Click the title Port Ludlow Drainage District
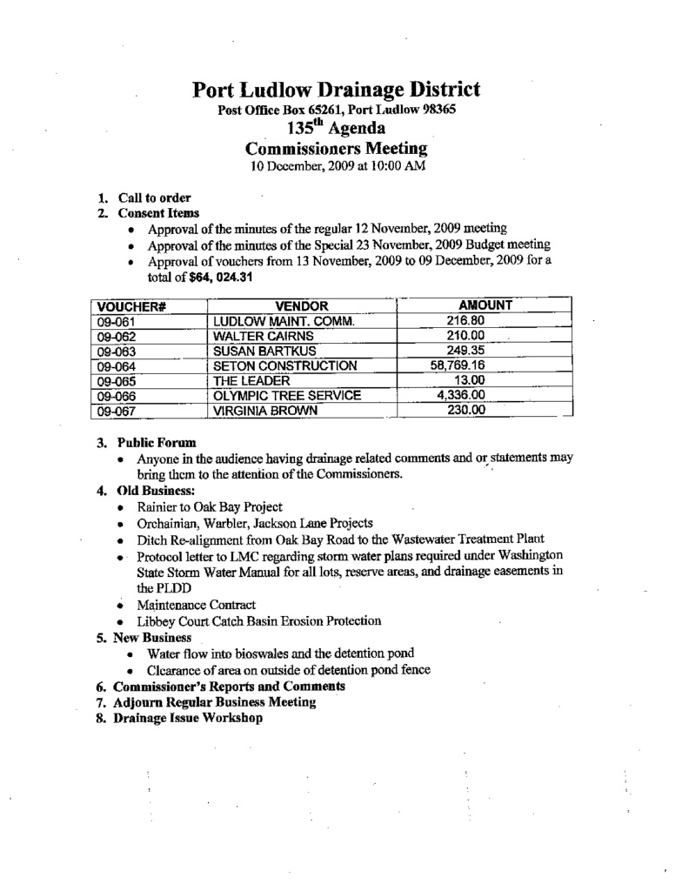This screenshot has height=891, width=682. (336, 90)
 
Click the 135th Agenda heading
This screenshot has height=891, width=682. (336, 130)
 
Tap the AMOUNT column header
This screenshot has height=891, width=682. (485, 305)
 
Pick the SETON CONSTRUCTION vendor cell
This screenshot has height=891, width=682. (285, 366)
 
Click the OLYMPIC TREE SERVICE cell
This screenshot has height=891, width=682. (287, 396)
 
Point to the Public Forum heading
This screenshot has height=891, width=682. (157, 442)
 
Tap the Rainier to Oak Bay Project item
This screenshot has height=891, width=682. (210, 506)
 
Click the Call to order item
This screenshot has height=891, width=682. (155, 198)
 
